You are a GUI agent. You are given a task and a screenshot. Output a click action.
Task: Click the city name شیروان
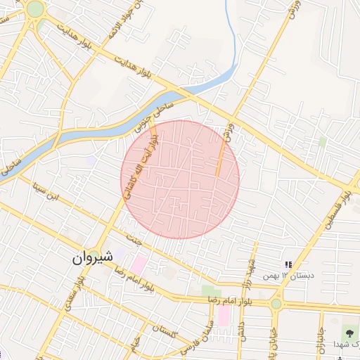(x=91, y=258)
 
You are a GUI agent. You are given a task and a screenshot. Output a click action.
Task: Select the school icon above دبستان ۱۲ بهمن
(x=288, y=265)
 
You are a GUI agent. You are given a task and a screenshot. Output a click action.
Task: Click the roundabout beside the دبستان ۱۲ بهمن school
(x=276, y=304)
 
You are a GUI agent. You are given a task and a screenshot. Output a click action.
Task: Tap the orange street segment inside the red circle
(x=219, y=158)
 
